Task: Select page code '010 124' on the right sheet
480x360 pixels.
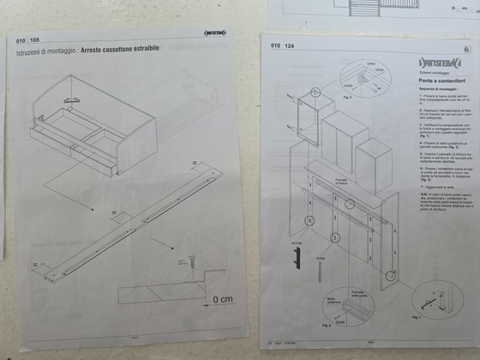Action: tap(283, 45)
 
